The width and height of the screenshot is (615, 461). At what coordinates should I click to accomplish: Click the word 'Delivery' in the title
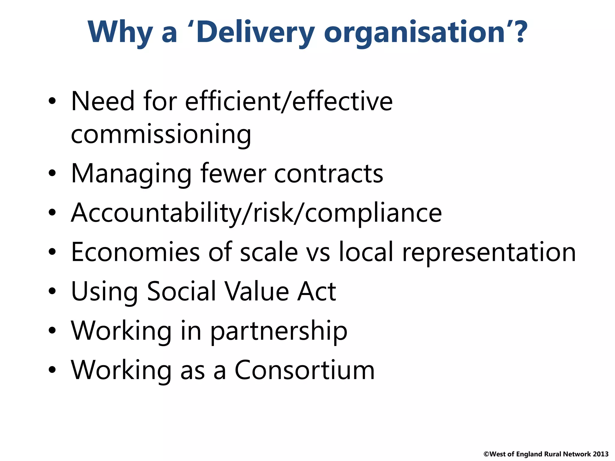click(255, 32)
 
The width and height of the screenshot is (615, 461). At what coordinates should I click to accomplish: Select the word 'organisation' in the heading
click(414, 33)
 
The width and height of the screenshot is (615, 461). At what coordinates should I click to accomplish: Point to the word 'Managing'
click(131, 174)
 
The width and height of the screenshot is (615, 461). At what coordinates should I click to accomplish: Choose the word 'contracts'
click(329, 174)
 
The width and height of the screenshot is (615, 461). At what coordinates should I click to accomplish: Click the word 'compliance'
click(373, 213)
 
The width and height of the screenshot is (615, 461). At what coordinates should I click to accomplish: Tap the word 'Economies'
click(135, 252)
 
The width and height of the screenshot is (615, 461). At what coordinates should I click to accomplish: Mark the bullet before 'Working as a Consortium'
click(52, 370)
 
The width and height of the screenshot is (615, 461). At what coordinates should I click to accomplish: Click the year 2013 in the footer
click(601, 454)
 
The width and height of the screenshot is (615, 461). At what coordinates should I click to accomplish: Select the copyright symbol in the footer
click(486, 454)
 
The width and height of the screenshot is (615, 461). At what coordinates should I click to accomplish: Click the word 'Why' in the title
click(120, 32)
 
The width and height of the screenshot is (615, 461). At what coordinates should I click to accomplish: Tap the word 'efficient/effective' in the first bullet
click(289, 101)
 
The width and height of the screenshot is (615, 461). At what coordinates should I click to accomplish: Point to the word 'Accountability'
click(156, 213)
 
